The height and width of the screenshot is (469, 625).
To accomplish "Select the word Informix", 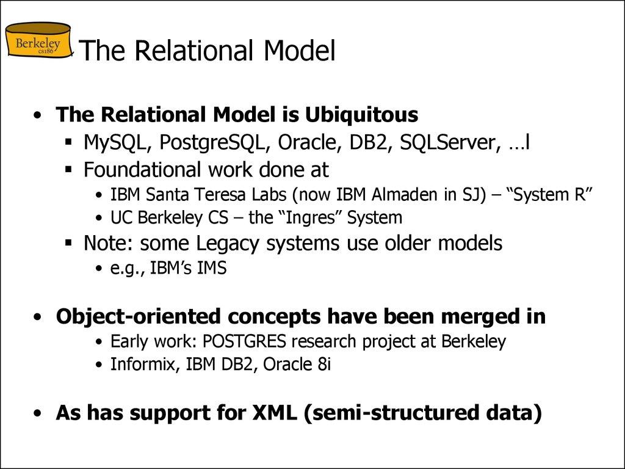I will [140, 365].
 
